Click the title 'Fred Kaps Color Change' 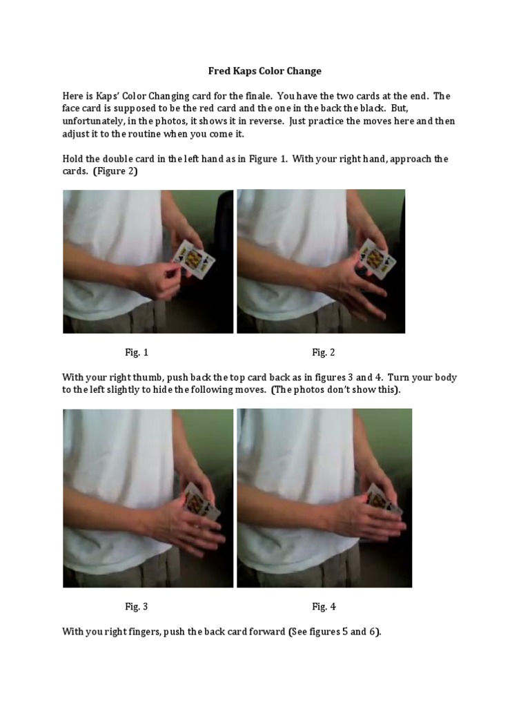pos(265,71)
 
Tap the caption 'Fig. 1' pos(137,353)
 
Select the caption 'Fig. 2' pos(323,353)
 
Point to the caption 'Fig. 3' pos(137,607)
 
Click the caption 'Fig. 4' pos(324,607)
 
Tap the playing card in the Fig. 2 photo pos(377,258)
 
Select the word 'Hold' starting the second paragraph pos(74,159)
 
